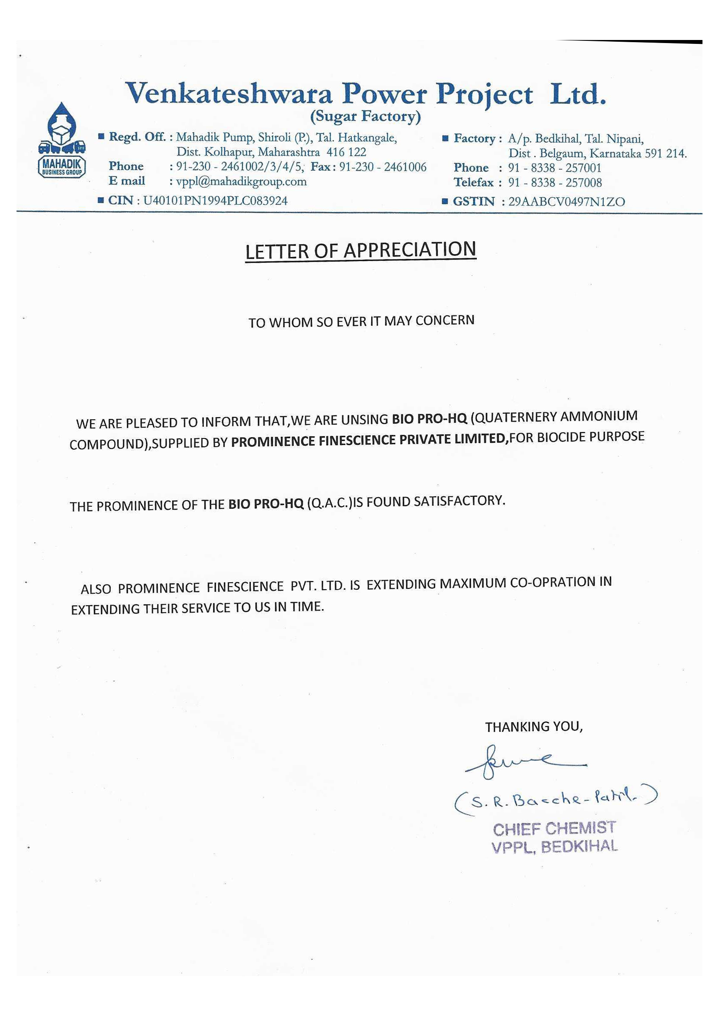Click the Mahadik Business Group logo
[62, 140]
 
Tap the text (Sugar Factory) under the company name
[365, 116]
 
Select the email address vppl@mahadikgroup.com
[241, 182]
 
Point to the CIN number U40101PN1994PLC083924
[215, 201]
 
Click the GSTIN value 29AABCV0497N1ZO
[566, 202]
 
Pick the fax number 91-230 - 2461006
[383, 167]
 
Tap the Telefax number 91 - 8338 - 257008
[555, 183]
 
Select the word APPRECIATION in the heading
[409, 250]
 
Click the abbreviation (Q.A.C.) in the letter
[330, 504]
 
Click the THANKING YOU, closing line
[534, 727]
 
